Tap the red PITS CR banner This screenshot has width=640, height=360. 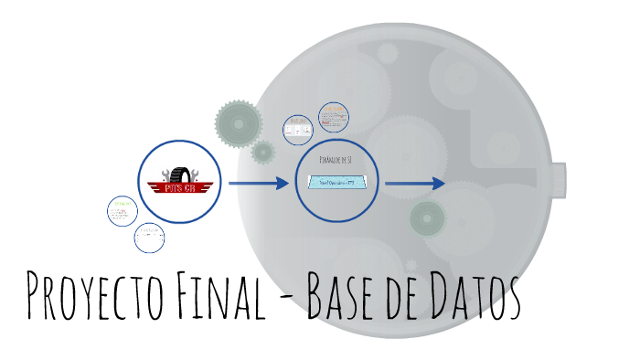tap(179, 188)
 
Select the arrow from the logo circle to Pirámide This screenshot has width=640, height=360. tap(258, 184)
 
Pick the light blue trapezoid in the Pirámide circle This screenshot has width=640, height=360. tap(337, 182)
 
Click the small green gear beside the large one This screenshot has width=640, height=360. tap(263, 152)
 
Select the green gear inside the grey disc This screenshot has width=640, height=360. tap(427, 217)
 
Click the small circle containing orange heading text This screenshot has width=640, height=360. tap(334, 118)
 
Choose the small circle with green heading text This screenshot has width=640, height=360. tap(122, 209)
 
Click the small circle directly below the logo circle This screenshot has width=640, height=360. tap(149, 238)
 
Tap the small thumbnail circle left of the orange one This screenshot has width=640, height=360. tap(298, 129)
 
